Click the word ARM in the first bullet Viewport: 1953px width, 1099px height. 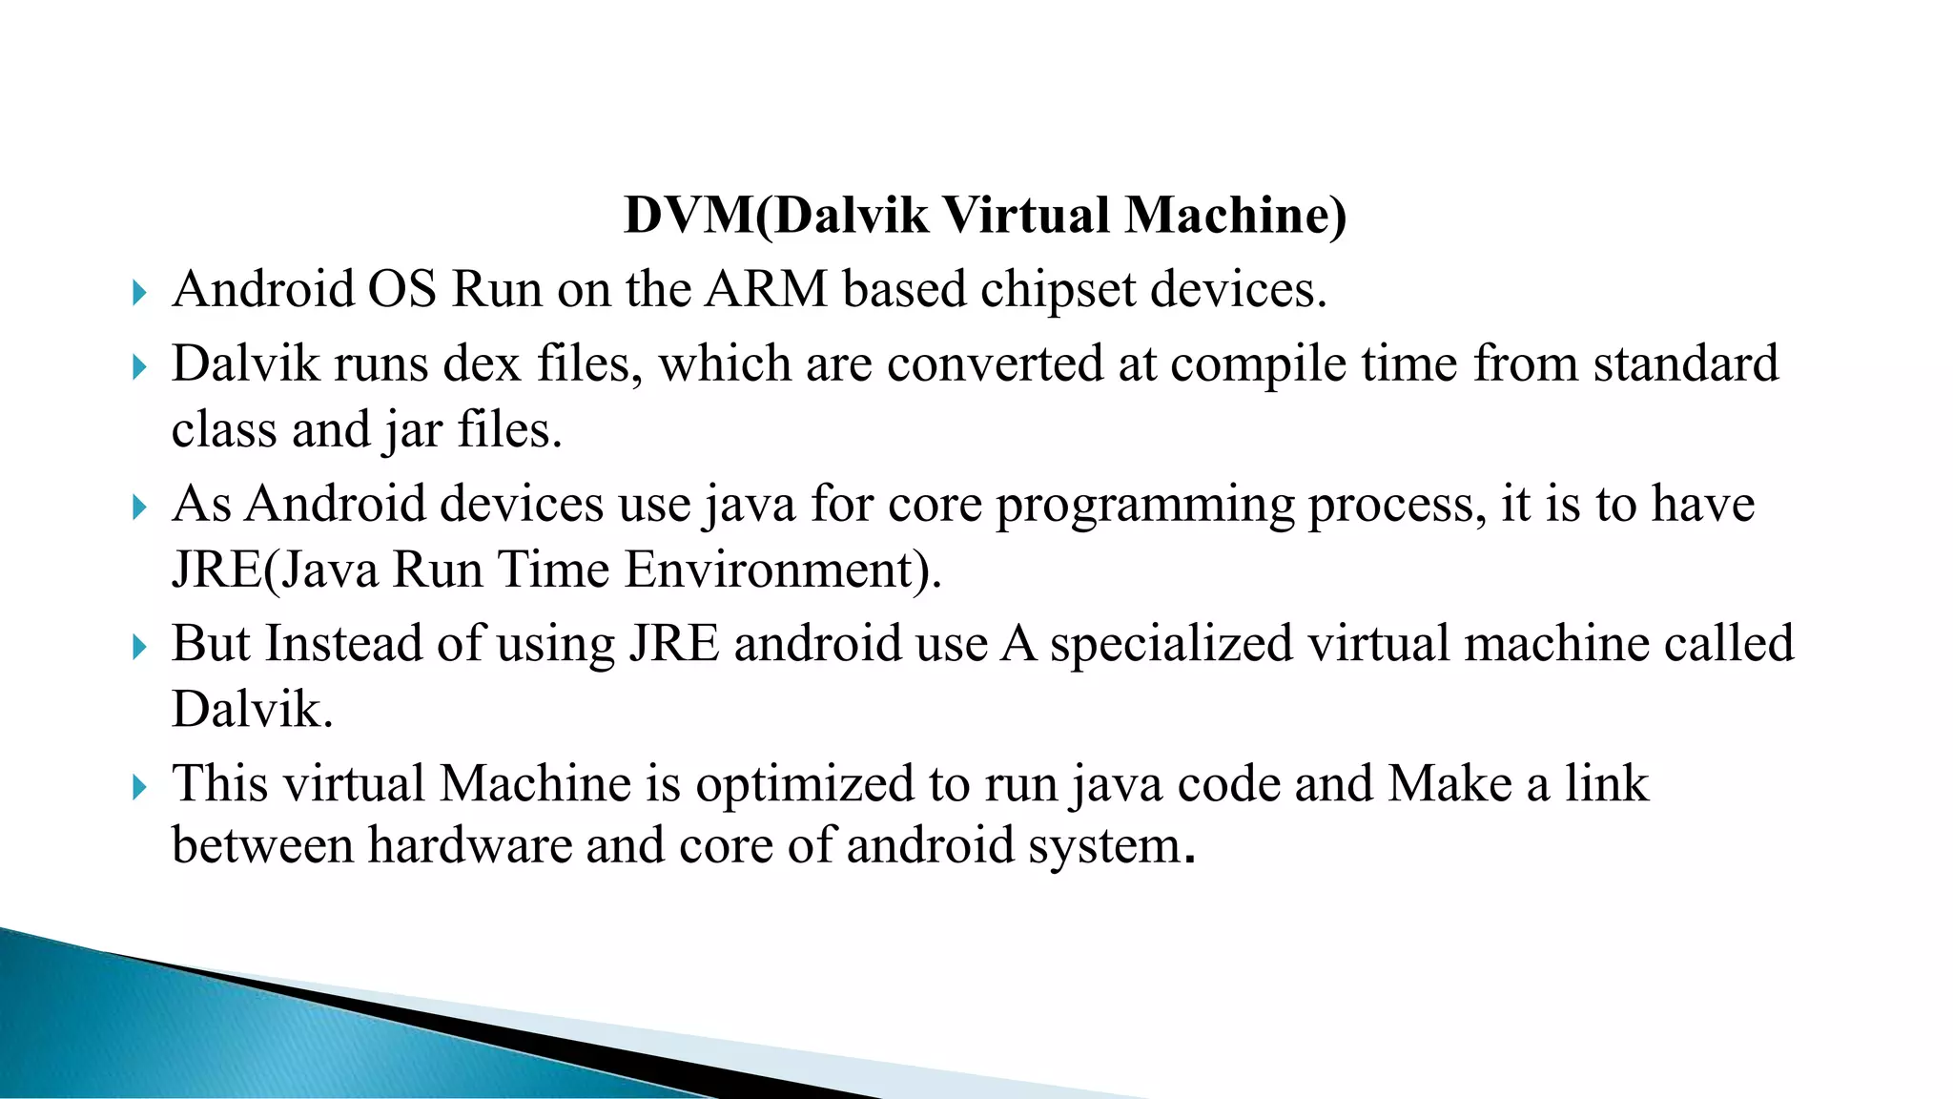pyautogui.click(x=767, y=289)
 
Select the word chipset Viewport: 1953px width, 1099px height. pyautogui.click(x=1059, y=291)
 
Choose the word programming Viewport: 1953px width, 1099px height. pyautogui.click(x=1145, y=506)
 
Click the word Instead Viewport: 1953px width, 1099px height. pyautogui.click(x=344, y=644)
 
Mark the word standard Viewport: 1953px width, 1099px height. pyautogui.click(x=1686, y=364)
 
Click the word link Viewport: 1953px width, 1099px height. pyautogui.click(x=1606, y=784)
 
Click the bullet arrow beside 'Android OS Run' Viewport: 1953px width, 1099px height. pyautogui.click(x=140, y=292)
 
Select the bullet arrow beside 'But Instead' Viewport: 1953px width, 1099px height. pyautogui.click(x=140, y=648)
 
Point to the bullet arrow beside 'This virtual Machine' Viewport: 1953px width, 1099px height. pyautogui.click(x=140, y=787)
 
